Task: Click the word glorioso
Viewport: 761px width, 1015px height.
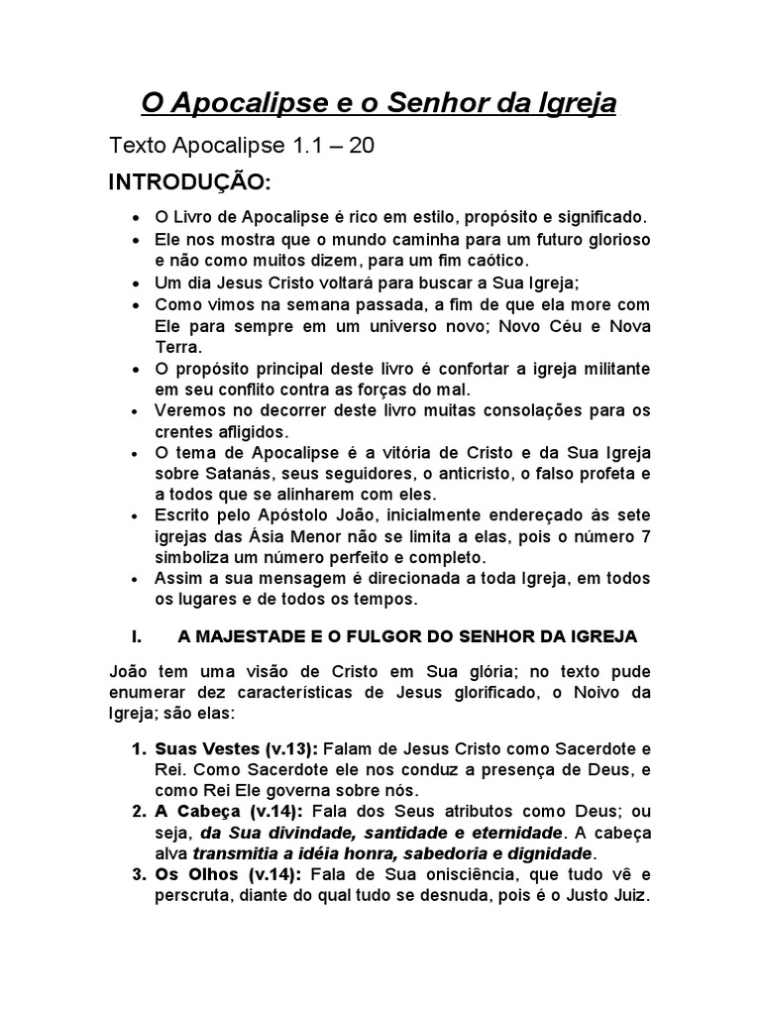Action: pyautogui.click(x=601, y=239)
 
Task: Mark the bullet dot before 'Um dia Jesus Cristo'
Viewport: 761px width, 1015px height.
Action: pyautogui.click(x=135, y=282)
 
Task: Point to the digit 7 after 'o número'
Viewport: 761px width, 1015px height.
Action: pyautogui.click(x=646, y=538)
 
